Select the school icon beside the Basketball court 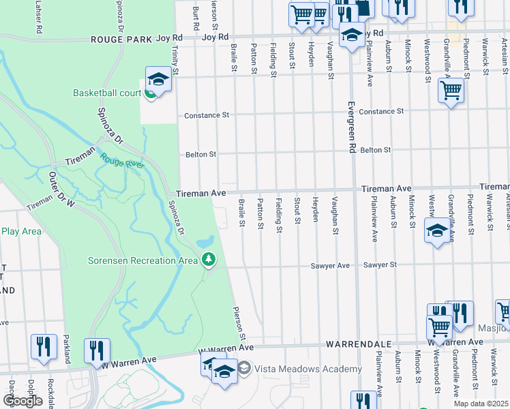pos(157,80)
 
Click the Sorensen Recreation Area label pos(142,260)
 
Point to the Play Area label pos(21,231)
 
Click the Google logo pos(22,401)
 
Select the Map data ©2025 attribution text pos(481,404)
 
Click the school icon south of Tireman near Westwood pos(437,230)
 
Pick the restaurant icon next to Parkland pos(44,347)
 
